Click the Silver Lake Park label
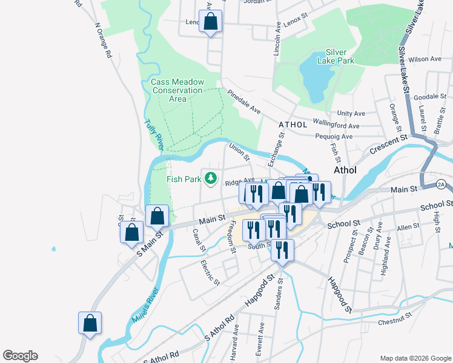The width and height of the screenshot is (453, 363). (340, 56)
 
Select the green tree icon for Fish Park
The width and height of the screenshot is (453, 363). (211, 178)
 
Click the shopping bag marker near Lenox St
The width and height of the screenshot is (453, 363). (210, 22)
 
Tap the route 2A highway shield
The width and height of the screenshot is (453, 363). (441, 183)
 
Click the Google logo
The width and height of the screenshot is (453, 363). (20, 356)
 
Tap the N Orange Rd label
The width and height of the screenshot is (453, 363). (104, 41)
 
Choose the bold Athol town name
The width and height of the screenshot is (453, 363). (343, 170)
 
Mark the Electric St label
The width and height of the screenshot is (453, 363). (210, 273)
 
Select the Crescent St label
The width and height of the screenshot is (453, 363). (390, 144)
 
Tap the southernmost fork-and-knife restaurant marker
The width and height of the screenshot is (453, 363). (282, 250)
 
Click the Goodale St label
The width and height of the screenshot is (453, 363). (431, 96)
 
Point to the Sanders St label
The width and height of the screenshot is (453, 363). (279, 295)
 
